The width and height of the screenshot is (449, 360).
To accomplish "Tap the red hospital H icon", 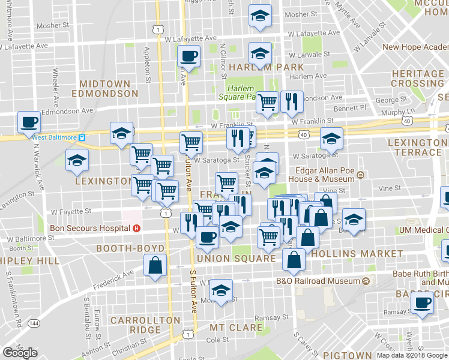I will tap(137, 228).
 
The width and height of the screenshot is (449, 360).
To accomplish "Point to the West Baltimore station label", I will tap(55, 137).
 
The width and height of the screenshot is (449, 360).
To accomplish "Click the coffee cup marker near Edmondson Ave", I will tap(29, 122).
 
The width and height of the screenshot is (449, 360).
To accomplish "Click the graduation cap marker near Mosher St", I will tap(260, 16).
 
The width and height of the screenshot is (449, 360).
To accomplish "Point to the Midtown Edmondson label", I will tap(105, 89).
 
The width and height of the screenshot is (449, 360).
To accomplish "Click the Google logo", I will tap(20, 353).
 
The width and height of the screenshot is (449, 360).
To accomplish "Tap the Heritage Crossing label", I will tap(417, 78).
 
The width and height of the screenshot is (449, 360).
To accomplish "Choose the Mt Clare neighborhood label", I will tap(236, 328).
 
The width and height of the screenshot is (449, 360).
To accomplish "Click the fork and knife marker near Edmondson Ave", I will tap(292, 102).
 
